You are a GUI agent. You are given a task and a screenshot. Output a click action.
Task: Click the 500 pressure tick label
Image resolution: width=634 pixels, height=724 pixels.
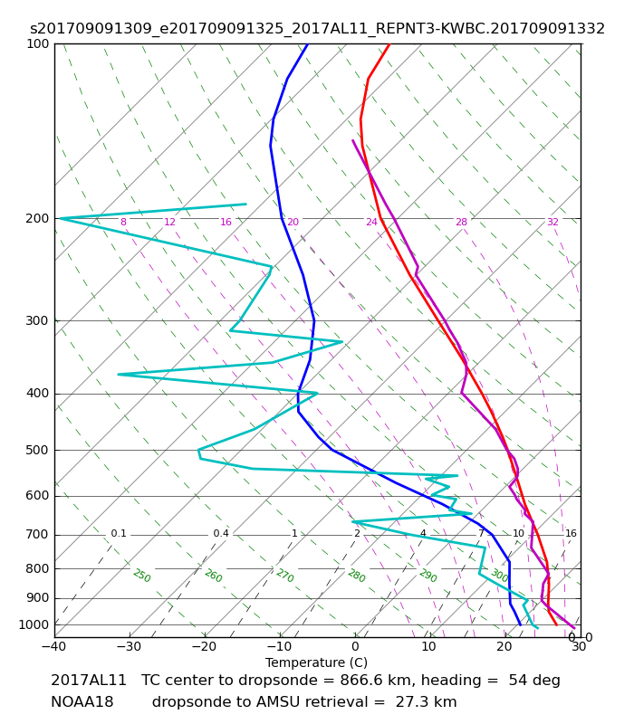37,450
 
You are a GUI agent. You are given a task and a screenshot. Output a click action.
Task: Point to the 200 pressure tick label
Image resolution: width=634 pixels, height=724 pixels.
37,218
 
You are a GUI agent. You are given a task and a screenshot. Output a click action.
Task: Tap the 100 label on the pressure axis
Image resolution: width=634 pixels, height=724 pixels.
37,43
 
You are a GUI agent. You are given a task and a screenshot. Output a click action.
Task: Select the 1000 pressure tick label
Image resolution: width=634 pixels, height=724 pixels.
34,624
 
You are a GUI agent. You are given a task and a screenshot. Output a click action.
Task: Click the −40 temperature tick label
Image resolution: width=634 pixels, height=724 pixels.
54,646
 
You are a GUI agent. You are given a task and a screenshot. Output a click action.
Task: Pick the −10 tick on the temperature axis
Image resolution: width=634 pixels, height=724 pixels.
280,646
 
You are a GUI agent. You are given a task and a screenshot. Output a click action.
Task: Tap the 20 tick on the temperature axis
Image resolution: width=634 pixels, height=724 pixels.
504,646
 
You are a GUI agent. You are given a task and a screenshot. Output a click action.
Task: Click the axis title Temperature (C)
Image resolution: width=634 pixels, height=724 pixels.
316,662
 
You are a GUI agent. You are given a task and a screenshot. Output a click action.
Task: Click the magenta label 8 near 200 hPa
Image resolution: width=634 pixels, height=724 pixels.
123,222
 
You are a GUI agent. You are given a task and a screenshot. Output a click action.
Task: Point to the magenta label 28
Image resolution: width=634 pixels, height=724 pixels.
462,222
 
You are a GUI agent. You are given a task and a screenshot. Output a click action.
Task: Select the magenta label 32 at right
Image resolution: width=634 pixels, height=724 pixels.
552,222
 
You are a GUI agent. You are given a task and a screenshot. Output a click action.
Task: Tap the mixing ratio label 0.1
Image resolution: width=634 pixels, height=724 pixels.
119,533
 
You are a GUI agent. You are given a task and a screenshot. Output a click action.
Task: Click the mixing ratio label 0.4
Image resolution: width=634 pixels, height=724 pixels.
221,533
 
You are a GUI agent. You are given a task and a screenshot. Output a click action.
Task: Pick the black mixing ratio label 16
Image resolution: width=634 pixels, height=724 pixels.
572,533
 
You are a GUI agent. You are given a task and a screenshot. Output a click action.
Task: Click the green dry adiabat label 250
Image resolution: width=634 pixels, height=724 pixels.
142,576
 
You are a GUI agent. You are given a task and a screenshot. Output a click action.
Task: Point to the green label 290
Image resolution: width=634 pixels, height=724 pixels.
427,576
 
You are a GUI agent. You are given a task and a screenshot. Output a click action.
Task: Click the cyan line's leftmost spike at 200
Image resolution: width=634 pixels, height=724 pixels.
61,218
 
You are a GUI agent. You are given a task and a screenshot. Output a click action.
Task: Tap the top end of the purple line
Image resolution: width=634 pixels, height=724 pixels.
352,140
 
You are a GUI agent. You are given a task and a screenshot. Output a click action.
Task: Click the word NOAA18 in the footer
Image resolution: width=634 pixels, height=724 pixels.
82,702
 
